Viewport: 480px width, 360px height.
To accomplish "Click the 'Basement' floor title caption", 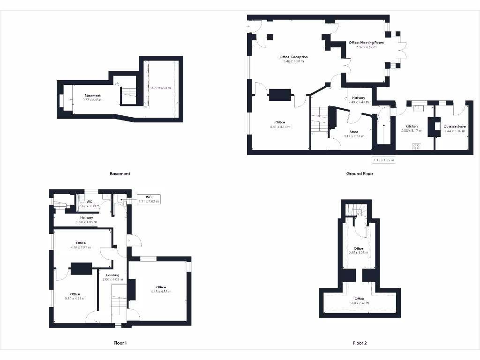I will coord(120,173).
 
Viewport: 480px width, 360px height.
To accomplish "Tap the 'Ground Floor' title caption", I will coord(360,173).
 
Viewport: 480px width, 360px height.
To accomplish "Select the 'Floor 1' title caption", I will coord(120,343).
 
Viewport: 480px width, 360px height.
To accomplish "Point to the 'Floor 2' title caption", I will coord(360,343).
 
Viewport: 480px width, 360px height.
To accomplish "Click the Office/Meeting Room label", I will coord(366,43).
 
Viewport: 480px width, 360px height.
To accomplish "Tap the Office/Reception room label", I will coord(293,57).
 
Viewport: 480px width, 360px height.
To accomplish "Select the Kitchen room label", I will coord(411,127).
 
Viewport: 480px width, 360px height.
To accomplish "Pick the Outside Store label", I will coord(455,127).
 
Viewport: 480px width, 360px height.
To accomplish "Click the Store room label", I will coord(354,132).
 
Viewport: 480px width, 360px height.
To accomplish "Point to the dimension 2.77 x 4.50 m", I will coord(160,88).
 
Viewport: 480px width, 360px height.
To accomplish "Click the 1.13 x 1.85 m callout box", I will coord(383,160).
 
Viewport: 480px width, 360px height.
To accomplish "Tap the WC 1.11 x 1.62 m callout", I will coord(149,199).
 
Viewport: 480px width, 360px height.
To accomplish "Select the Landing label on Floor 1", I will coord(112,275).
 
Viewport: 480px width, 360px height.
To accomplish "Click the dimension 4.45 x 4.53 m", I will coord(161,292).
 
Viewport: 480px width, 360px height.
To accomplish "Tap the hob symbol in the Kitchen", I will coord(415,146).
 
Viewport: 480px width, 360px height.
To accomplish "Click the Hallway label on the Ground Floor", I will coord(359,97).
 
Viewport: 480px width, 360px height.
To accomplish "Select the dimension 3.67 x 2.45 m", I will coord(92,100).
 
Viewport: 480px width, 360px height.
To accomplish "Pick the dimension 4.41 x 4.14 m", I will coord(280,127).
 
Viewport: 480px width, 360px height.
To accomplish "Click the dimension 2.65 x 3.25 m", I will coord(359,253).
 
